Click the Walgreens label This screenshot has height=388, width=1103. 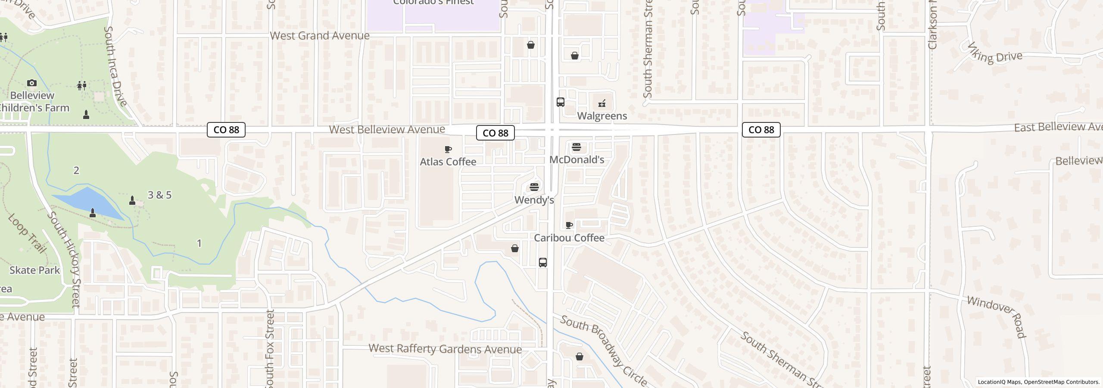[602, 116]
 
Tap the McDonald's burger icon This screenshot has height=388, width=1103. [576, 147]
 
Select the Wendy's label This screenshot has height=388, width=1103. [534, 200]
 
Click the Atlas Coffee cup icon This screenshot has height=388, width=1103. [448, 150]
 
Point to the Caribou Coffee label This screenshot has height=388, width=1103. [569, 238]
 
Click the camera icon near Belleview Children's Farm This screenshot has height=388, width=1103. [32, 83]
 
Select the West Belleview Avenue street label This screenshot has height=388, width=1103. [387, 129]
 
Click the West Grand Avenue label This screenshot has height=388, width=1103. [320, 36]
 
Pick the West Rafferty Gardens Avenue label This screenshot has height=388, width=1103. [445, 349]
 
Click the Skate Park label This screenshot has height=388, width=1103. [34, 270]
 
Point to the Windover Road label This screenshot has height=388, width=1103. [996, 316]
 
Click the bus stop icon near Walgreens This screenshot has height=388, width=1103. [561, 102]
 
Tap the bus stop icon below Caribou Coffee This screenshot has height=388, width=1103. [543, 263]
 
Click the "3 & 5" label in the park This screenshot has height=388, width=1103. [159, 195]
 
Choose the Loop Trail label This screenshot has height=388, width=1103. [27, 233]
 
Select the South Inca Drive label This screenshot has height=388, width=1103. [115, 66]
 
